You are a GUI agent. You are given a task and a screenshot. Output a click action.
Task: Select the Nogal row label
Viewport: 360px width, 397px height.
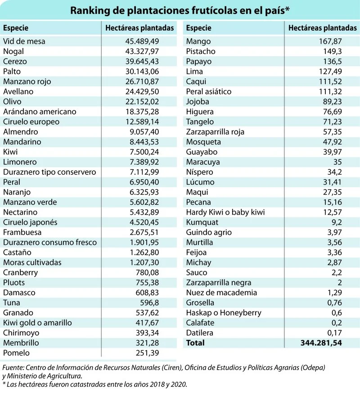point(13,51)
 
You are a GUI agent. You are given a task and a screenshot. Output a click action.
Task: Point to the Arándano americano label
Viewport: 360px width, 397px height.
point(40,112)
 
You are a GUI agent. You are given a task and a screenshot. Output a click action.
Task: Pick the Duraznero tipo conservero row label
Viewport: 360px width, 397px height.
point(49,172)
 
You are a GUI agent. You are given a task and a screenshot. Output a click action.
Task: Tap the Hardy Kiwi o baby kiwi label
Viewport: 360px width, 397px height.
point(225,212)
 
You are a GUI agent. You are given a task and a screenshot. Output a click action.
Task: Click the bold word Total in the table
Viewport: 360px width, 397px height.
point(195,343)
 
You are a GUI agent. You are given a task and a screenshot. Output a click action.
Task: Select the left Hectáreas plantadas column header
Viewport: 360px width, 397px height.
point(139,28)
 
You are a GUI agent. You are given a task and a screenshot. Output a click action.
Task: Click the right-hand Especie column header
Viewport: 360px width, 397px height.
point(198,28)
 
